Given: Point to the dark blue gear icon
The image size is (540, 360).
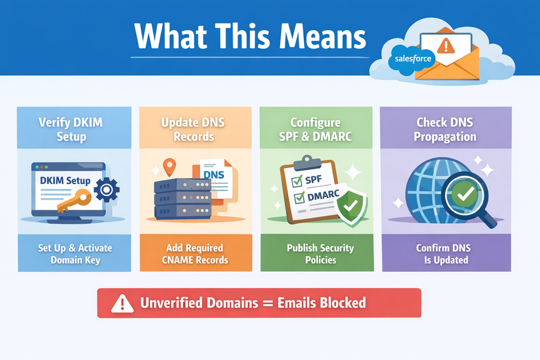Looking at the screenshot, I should pyautogui.click(x=107, y=189).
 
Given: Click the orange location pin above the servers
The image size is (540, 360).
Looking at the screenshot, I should pyautogui.click(x=171, y=168).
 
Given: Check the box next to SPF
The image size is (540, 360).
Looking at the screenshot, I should pyautogui.click(x=298, y=179).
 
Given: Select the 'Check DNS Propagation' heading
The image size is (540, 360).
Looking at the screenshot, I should pyautogui.click(x=445, y=128).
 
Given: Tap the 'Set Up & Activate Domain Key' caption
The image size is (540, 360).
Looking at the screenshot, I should pyautogui.click(x=75, y=253).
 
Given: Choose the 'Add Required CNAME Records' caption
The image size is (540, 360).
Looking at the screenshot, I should pyautogui.click(x=195, y=253).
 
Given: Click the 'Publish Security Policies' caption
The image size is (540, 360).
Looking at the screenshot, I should pyautogui.click(x=320, y=253).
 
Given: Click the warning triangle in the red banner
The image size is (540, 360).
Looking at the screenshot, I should pyautogui.click(x=123, y=303).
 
